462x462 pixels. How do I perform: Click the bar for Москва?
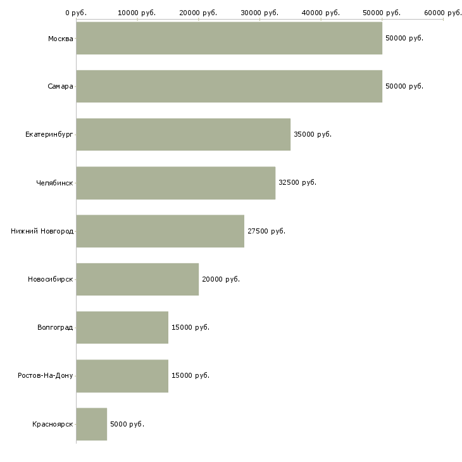229,38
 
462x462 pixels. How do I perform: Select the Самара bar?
229,86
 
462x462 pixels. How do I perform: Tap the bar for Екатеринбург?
184,135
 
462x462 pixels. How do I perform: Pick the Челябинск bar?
176,183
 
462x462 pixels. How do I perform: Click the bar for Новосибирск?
137,279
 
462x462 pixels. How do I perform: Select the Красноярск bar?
92,424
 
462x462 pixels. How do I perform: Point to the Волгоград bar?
122,328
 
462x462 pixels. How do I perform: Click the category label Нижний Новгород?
42,231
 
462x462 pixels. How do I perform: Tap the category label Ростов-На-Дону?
46,376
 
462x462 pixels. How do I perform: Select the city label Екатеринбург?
49,135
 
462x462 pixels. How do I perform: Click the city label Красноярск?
53,424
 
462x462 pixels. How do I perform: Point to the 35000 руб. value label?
313,134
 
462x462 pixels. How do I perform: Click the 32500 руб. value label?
297,183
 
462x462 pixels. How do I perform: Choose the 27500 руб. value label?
266,231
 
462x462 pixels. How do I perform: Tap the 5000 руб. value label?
127,424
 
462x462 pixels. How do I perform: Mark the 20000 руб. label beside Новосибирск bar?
221,279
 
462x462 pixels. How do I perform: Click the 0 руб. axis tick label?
76,13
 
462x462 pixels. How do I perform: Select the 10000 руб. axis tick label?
137,13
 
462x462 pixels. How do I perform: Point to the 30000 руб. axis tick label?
259,13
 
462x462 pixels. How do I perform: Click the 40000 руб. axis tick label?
321,13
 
